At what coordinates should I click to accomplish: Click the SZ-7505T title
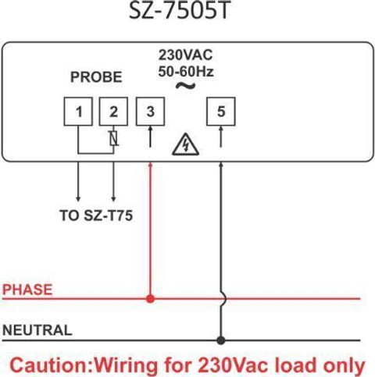pyautogui.click(x=180, y=10)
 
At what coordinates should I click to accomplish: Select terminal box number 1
pyautogui.click(x=78, y=112)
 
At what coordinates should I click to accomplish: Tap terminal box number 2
pyautogui.click(x=113, y=112)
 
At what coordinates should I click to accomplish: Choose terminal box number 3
pyautogui.click(x=150, y=112)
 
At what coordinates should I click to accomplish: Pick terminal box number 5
pyautogui.click(x=221, y=112)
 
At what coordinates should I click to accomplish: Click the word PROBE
pyautogui.click(x=96, y=77)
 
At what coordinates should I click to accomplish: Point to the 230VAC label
pyautogui.click(x=185, y=55)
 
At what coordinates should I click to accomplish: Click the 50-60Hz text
pyautogui.click(x=186, y=71)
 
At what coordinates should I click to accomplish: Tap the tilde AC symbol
pyautogui.click(x=185, y=86)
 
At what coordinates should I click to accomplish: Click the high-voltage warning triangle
pyautogui.click(x=185, y=144)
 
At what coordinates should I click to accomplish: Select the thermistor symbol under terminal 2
pyautogui.click(x=113, y=138)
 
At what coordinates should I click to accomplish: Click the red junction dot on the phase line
pyautogui.click(x=150, y=299)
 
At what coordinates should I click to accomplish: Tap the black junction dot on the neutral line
pyautogui.click(x=221, y=340)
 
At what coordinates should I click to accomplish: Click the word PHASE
pyautogui.click(x=27, y=290)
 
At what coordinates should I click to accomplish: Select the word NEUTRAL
pyautogui.click(x=37, y=330)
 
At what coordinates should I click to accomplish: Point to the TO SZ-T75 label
pyautogui.click(x=96, y=215)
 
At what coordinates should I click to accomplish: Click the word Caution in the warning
pyautogui.click(x=49, y=365)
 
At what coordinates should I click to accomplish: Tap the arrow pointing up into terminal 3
pyautogui.click(x=150, y=137)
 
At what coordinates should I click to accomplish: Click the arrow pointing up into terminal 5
pyautogui.click(x=221, y=137)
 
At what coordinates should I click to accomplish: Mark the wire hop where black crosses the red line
pyautogui.click(x=223, y=299)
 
